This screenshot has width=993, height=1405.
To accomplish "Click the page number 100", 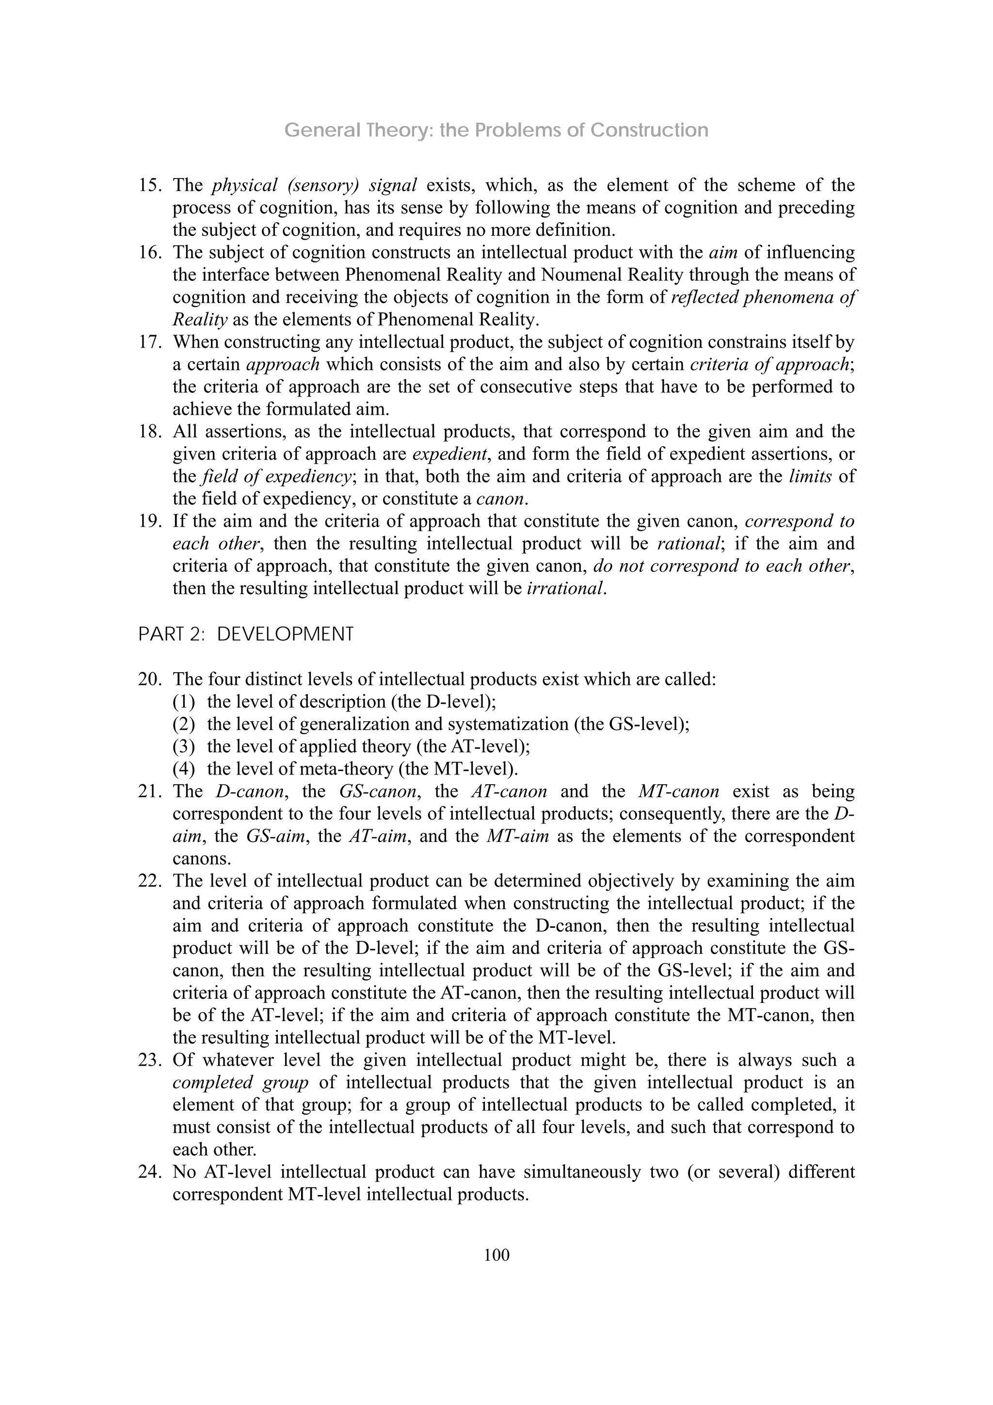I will pos(496,1255).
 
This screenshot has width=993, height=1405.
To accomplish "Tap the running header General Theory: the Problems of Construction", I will pos(496,130).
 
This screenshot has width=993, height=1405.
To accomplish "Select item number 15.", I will pos(149,185).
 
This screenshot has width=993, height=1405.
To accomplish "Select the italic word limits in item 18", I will pos(809,477).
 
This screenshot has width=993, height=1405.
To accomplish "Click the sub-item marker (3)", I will pos(184,746).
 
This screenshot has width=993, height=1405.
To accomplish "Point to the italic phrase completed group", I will pos(240,1082).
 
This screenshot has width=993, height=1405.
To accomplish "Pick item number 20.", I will pos(149,680).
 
